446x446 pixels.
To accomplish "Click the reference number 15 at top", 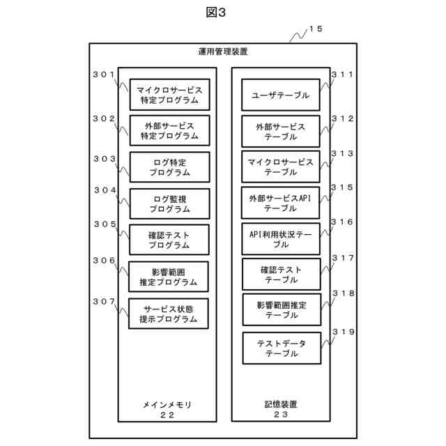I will click(316, 29).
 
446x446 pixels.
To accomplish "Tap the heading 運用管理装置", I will click(222, 52).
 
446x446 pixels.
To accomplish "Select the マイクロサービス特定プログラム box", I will click(169, 95).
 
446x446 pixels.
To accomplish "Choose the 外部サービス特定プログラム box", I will click(169, 131).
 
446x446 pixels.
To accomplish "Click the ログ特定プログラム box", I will click(169, 167).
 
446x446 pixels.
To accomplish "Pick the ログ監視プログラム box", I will click(169, 203).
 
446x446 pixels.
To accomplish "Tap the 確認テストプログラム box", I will click(169, 240).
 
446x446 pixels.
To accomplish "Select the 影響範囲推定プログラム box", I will click(169, 277).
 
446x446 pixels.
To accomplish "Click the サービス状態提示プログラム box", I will click(169, 313).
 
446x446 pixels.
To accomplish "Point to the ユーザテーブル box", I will click(281, 95).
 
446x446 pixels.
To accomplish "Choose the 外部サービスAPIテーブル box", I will click(281, 203).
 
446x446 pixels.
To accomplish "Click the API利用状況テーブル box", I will click(281, 240).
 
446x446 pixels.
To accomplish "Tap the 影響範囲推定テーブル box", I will click(281, 309).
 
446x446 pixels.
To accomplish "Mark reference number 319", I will click(342, 332).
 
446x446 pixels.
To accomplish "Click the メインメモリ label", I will click(167, 404).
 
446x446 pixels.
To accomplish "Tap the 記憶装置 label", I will click(281, 404).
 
